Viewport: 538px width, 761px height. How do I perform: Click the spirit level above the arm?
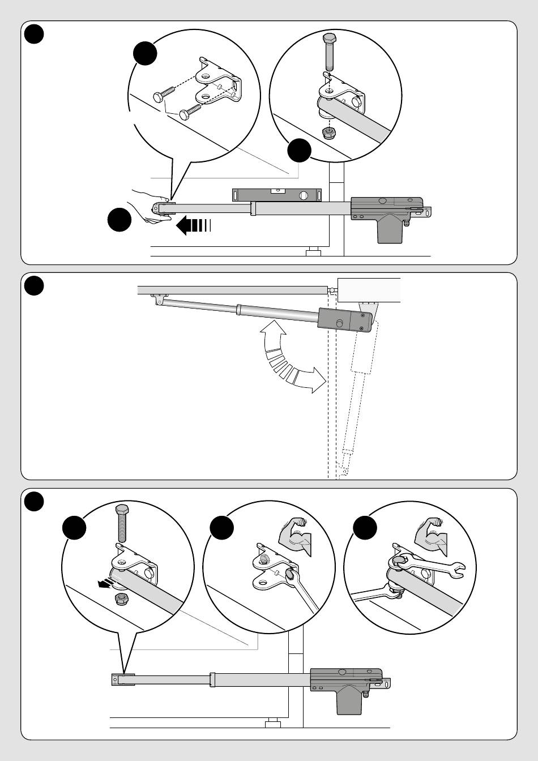pyautogui.click(x=277, y=195)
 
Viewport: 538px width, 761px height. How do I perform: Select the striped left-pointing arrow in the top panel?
pyautogui.click(x=193, y=225)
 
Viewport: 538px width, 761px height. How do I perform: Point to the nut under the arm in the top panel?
pyautogui.click(x=327, y=133)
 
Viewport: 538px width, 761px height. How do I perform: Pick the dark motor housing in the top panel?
pyautogui.click(x=388, y=216)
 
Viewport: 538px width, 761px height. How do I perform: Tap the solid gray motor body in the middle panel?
pyautogui.click(x=344, y=321)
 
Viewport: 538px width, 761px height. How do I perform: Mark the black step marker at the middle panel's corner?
pyautogui.click(x=35, y=285)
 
